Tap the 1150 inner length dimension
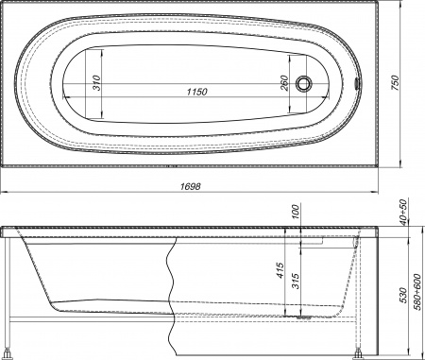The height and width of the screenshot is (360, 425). coord(196,91)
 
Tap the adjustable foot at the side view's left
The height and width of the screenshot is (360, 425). coord(10,352)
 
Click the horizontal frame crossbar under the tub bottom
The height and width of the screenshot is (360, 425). coord(94,326)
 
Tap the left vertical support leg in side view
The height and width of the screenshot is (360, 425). coord(9,293)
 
